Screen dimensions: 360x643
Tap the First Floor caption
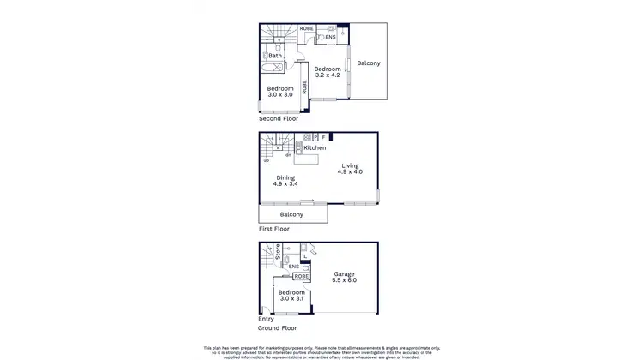point(274,229)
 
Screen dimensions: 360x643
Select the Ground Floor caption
point(278,328)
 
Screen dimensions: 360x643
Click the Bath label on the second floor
point(274,57)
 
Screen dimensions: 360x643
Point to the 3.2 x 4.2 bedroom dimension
point(327,75)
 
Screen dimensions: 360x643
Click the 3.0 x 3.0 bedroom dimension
point(280,95)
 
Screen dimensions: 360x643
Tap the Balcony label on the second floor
point(369,63)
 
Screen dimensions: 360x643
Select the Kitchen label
point(315,148)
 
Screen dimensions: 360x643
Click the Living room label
point(351,165)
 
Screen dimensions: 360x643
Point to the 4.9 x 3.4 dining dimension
point(285,184)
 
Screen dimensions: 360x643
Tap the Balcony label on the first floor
point(291,214)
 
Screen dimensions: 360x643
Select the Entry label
point(266,319)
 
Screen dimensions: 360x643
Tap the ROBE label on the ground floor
point(302,276)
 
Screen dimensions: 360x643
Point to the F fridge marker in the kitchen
point(324,137)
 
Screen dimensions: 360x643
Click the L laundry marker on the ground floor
point(305,255)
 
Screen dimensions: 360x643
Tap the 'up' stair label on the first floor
point(266,160)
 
